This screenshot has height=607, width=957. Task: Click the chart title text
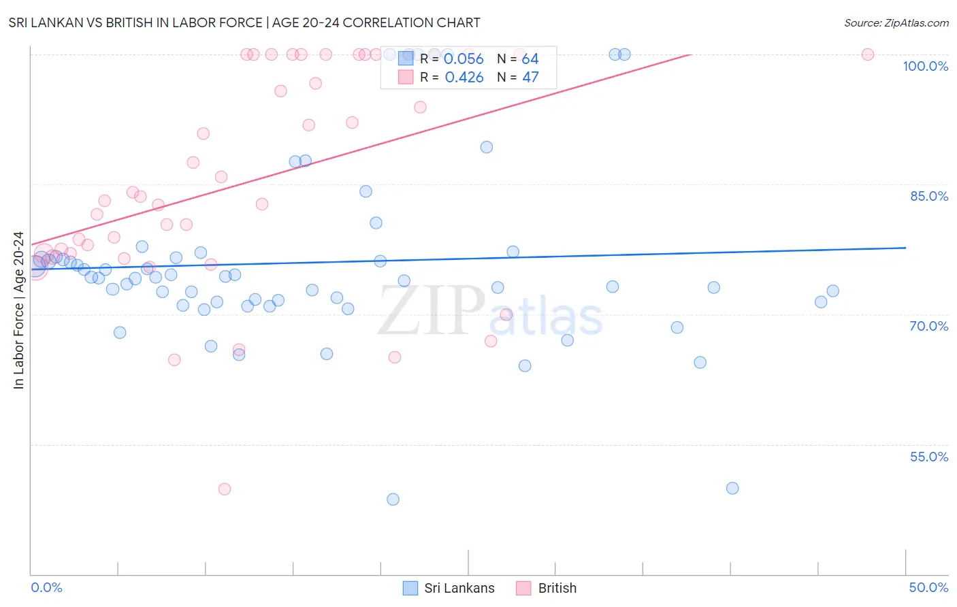(x=244, y=23)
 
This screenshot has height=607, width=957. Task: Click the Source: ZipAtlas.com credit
(x=896, y=23)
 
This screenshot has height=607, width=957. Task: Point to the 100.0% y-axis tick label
(x=925, y=66)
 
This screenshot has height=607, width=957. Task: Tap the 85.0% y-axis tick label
(x=928, y=196)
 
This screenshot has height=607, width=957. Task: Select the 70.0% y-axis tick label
(x=928, y=326)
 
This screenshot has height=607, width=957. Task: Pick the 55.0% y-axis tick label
(x=928, y=457)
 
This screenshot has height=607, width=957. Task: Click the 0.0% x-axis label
(x=46, y=587)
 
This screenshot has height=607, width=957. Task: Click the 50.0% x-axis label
(x=928, y=587)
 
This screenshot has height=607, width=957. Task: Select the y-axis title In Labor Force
(x=18, y=310)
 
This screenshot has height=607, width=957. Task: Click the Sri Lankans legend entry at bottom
(x=449, y=588)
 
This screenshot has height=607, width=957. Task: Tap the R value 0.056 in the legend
(x=464, y=59)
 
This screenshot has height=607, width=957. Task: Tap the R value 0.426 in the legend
(x=464, y=78)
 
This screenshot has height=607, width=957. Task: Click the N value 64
(x=530, y=59)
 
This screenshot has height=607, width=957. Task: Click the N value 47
(x=530, y=78)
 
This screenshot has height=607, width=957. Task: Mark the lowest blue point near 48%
(x=393, y=499)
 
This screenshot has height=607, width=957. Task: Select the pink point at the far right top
(x=868, y=54)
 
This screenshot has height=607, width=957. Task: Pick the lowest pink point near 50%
(x=225, y=489)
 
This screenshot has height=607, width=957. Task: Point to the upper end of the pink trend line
(x=690, y=54)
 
